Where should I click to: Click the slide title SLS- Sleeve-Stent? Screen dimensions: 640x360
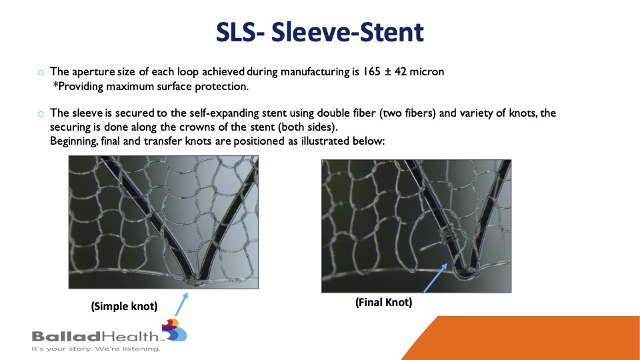pos(319,32)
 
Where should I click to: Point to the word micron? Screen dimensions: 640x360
pos(427,71)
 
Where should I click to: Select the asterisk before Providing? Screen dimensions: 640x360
pos(55,85)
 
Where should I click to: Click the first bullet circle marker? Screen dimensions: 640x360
pos(41,73)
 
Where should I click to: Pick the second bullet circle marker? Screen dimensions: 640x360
pos(41,114)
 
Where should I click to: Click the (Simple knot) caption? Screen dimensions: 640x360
pos(124,306)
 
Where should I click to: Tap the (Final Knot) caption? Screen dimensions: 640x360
pos(384,302)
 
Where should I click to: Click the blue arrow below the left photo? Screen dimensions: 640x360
pos(181,304)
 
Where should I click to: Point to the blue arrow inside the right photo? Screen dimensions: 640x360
pos(435,278)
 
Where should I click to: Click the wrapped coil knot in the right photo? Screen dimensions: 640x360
pos(449,236)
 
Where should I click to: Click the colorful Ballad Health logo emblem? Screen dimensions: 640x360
pos(175,330)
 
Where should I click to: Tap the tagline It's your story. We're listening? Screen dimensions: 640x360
pos(96,349)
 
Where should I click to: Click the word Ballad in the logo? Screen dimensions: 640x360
pos(66,336)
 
